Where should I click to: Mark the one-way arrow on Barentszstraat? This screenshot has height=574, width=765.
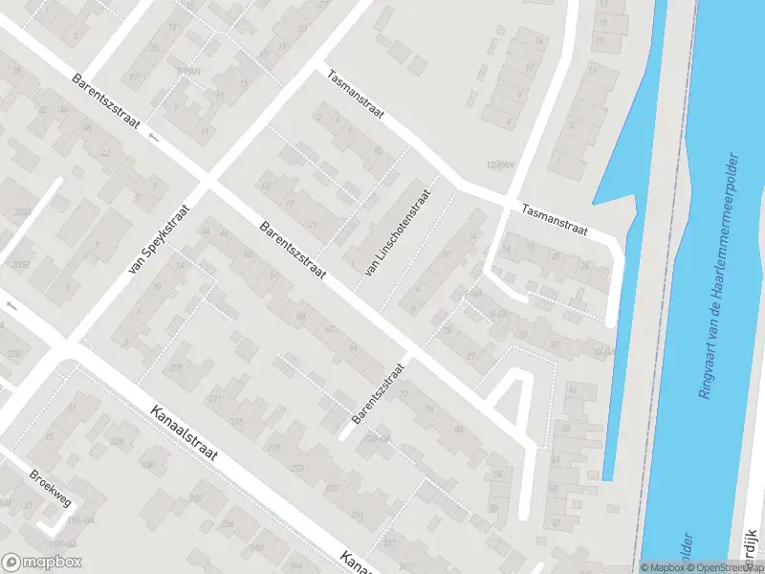tap(154, 137)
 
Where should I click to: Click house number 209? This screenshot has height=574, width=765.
tap(177, 367)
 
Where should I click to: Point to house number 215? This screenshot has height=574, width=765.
tap(236, 421)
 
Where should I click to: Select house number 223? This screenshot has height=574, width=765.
tap(296, 468)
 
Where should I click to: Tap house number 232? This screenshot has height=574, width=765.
tap(196, 498)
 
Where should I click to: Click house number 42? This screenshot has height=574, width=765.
tap(104, 154)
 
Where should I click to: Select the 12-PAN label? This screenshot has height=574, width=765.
tap(500, 166)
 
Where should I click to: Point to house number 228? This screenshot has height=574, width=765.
tap(117, 441)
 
